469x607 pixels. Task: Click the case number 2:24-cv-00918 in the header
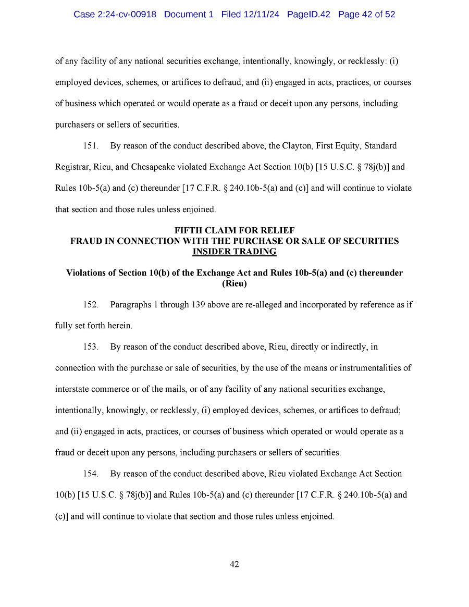[127, 15]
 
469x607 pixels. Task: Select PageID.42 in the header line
[308, 15]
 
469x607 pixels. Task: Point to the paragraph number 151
[90, 146]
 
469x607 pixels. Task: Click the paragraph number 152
[90, 304]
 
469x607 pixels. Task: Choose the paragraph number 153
[90, 346]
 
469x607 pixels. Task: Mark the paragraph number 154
[90, 474]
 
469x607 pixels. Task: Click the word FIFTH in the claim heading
[189, 230]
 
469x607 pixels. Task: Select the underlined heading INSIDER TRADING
[234, 252]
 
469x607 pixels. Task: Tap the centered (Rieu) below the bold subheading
[234, 283]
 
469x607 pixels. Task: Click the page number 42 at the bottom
[234, 564]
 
